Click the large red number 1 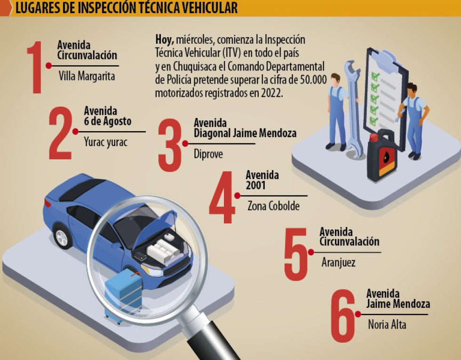[35, 68]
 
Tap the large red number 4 [222, 197]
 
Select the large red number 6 [343, 316]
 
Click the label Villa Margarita [87, 76]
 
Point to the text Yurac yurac [105, 142]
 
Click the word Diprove [208, 154]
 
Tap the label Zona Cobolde [273, 206]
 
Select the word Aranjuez [338, 262]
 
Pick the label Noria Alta [387, 324]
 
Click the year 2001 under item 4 [255, 186]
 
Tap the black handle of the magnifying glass [212, 341]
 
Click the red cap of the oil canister [374, 137]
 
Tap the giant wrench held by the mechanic [353, 109]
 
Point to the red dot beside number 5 [311, 252]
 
